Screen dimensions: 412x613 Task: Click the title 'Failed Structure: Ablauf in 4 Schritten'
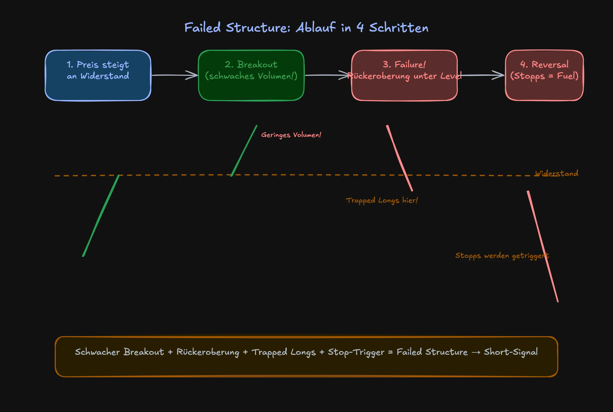(x=306, y=28)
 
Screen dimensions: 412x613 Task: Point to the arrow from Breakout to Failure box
(x=326, y=75)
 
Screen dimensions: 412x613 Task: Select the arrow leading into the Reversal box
(x=482, y=75)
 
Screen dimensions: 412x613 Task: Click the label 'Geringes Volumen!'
(x=291, y=135)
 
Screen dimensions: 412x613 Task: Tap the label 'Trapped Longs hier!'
(x=382, y=200)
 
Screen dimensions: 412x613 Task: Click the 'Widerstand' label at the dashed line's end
(x=556, y=173)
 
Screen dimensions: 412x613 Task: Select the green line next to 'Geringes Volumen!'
(x=244, y=151)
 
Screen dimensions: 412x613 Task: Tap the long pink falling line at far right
(x=543, y=246)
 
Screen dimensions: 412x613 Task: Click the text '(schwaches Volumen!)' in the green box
(x=251, y=76)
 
